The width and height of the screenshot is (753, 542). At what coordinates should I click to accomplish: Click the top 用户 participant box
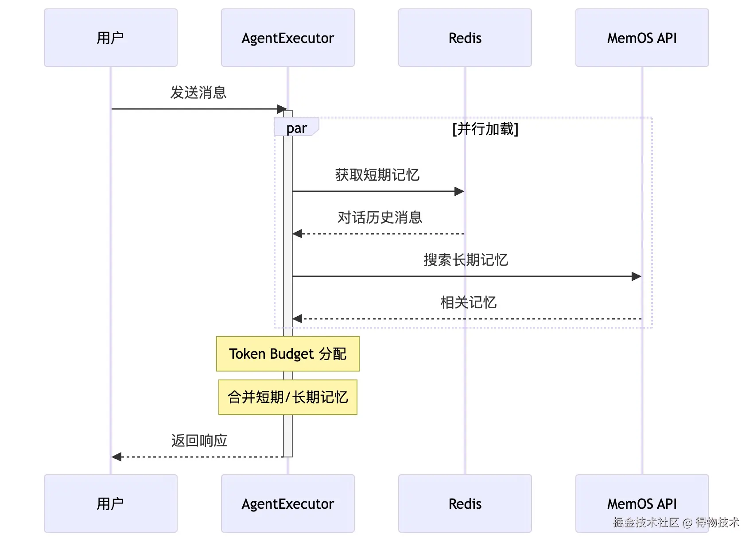(x=111, y=38)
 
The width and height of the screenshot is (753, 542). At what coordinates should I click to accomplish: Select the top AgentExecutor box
(x=288, y=38)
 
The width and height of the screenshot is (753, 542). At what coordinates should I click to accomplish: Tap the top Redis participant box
(x=465, y=38)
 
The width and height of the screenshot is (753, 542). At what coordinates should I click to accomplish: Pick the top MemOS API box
(x=642, y=38)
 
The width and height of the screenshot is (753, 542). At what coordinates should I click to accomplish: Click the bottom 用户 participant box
(x=111, y=503)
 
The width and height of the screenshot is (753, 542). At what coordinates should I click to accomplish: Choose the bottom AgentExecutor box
(x=288, y=503)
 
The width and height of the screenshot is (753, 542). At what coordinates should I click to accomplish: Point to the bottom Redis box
(x=465, y=503)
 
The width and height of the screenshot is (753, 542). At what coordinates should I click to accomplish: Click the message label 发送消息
(x=198, y=93)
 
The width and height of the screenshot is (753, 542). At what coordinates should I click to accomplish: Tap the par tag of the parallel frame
(x=296, y=128)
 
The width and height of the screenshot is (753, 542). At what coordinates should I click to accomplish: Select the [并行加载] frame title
(x=485, y=129)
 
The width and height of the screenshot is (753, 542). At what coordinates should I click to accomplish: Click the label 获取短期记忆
(x=377, y=175)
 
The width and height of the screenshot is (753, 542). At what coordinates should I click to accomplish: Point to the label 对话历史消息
(x=380, y=217)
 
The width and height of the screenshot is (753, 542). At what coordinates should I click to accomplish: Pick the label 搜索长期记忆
(x=466, y=260)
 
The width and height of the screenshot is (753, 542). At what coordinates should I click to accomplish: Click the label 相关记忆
(x=468, y=302)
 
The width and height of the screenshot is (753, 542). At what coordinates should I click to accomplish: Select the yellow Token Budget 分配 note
(x=288, y=354)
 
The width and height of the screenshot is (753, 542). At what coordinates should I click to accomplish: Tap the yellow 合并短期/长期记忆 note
(x=288, y=397)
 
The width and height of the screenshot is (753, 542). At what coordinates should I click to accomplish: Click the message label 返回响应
(x=199, y=441)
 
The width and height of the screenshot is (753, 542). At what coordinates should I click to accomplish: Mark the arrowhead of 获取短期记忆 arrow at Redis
(x=459, y=192)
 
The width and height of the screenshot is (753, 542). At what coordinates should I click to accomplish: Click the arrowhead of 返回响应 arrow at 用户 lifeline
(x=116, y=457)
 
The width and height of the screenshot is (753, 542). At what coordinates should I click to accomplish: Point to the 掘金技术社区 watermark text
(x=646, y=522)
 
